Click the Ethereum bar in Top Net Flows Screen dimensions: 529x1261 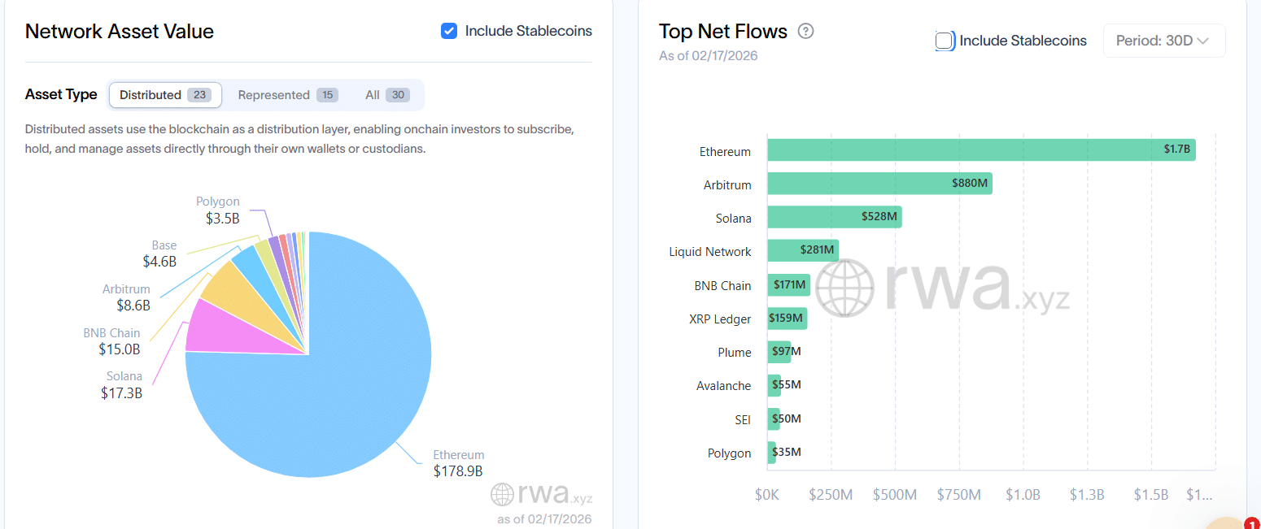click(980, 150)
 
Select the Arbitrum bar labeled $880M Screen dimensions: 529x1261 click(879, 184)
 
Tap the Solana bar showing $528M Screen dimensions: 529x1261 click(834, 217)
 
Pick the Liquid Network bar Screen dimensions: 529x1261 click(802, 251)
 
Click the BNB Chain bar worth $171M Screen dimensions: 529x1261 click(788, 285)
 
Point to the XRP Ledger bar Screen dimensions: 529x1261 click(787, 319)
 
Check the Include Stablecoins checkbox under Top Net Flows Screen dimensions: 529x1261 click(945, 41)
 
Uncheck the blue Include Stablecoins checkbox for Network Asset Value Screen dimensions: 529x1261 click(448, 31)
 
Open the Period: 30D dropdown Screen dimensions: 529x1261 click(1163, 41)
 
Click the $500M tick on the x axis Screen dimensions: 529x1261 click(894, 495)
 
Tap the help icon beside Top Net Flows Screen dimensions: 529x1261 click(805, 32)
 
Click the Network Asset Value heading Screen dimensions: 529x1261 click(120, 32)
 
